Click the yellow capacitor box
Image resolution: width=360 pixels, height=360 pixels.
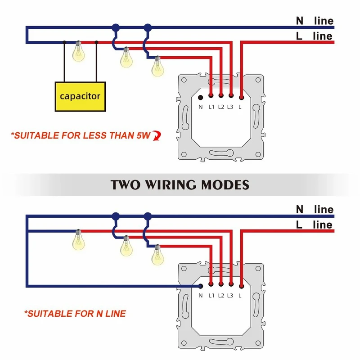pos(80,96)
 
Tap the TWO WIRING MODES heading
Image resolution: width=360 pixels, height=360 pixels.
pos(180,184)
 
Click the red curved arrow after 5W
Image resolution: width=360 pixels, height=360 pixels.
pos(157,135)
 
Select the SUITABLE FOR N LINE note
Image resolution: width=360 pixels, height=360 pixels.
pos(75,313)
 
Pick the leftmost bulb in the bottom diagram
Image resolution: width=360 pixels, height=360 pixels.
pos(79,240)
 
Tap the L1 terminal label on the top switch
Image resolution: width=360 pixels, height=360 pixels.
pos(211,107)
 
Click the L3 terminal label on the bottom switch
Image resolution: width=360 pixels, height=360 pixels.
pos(230,296)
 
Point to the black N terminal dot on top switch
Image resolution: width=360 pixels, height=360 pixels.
pos(201,97)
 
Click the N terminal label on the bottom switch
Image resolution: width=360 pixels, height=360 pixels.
pos(201,296)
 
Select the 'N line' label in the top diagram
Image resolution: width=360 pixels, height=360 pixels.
pos(314,21)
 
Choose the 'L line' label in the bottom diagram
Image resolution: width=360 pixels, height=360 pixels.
pos(314,225)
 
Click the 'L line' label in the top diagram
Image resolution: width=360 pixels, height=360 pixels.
pos(314,36)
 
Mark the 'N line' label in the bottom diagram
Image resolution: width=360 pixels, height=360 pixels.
pos(314,209)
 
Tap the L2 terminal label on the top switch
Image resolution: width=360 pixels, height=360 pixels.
pos(221,107)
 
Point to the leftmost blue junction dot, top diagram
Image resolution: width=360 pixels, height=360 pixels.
pos(116,27)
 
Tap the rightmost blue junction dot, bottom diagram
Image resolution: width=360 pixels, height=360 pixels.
pos(147,216)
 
